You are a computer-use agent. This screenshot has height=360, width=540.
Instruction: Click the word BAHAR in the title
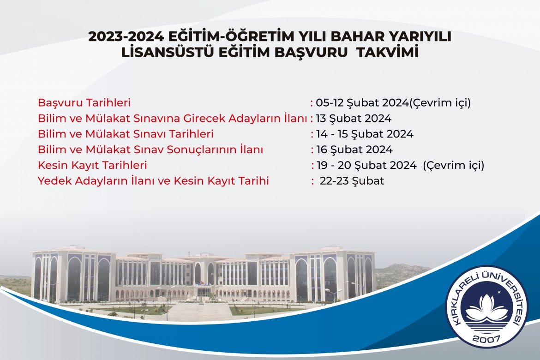346,36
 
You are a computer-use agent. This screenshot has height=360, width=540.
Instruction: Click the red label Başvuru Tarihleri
84,102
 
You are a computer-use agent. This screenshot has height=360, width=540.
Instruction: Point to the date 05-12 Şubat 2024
362,102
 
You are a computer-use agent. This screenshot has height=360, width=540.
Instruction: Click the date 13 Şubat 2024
354,119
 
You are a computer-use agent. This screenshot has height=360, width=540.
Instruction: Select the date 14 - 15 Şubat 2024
365,134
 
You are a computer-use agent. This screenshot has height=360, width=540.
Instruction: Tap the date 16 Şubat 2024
354,150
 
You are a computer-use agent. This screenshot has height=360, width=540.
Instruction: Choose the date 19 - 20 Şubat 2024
366,165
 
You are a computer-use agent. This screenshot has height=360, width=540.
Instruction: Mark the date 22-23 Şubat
352,181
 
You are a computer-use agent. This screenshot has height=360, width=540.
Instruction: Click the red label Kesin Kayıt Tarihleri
92,165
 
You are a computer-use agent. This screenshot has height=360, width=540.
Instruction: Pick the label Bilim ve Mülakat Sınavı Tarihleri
126,134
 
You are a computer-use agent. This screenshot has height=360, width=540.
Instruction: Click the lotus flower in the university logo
486,308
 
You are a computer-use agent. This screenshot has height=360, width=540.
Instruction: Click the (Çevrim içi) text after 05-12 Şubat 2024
440,102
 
